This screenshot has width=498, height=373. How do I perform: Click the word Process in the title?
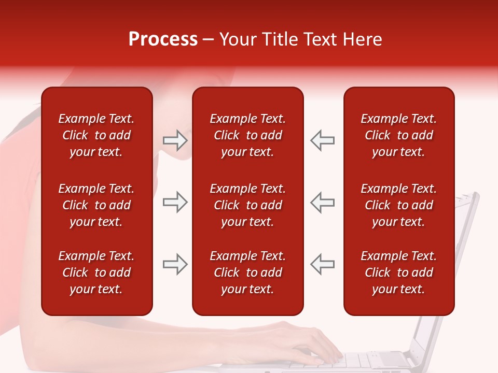click(x=163, y=39)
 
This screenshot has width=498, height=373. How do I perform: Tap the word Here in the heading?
click(x=361, y=39)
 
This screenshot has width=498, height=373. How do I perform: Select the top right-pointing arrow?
click(x=175, y=140)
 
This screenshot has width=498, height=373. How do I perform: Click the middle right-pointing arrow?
click(x=175, y=202)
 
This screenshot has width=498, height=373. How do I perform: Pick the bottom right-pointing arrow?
click(x=175, y=264)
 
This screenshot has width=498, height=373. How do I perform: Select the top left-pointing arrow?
click(x=323, y=140)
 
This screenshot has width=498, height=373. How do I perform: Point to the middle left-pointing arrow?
click(x=323, y=202)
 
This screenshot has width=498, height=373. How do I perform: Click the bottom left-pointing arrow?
click(x=323, y=264)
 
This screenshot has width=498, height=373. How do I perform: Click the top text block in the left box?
click(x=96, y=135)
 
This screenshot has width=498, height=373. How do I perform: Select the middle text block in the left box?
click(x=96, y=205)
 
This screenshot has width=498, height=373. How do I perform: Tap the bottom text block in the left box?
click(x=96, y=272)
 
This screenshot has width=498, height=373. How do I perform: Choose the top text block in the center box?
click(x=247, y=135)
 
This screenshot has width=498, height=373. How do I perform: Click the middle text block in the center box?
click(x=247, y=205)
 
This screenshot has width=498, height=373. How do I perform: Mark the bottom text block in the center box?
click(x=247, y=272)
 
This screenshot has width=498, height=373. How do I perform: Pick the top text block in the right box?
click(x=398, y=135)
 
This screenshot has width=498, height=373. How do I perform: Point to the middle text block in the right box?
click(x=398, y=205)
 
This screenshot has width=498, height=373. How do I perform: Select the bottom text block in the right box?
click(x=398, y=272)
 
